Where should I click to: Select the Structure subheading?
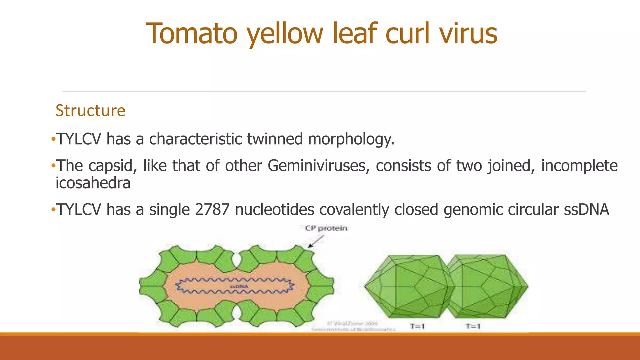(90, 111)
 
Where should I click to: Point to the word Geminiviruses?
(317, 166)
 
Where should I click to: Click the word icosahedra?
(93, 183)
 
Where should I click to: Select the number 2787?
(212, 209)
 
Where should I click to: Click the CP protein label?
(326, 228)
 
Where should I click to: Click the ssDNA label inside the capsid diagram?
(239, 286)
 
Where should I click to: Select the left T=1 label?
(417, 326)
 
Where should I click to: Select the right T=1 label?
(473, 326)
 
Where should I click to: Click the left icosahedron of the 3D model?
(406, 286)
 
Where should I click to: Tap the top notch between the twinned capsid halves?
(237, 258)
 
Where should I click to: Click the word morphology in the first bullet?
(351, 139)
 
